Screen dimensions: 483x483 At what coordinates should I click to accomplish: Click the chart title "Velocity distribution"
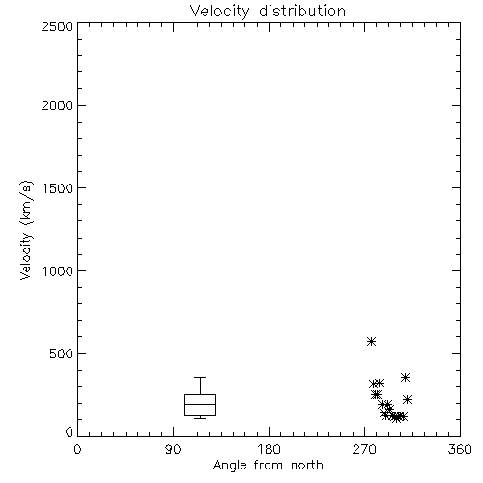268,12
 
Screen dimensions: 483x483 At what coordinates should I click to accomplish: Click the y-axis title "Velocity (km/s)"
26,231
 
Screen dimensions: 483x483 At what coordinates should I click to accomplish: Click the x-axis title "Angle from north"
268,466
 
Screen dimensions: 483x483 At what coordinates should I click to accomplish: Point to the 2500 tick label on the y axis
57,26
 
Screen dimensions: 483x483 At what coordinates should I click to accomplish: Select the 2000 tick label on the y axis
57,105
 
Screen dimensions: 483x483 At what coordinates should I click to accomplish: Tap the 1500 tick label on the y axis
58,188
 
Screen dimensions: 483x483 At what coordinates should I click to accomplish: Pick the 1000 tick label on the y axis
58,270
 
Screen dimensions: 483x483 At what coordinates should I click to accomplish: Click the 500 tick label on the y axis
62,354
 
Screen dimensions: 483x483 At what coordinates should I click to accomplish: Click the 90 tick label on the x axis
173,449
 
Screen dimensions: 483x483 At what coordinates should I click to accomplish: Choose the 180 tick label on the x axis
269,449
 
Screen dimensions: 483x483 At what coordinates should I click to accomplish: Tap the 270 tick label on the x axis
364,449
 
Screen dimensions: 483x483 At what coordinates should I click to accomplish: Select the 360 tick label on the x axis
460,449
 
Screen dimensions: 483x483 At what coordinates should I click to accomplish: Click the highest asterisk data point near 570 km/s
372,341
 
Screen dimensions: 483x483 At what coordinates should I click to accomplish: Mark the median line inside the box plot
200,404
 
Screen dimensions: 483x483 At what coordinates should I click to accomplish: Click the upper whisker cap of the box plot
200,377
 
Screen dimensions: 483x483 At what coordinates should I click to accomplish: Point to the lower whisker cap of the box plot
200,418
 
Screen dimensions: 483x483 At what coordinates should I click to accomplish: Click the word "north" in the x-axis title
307,466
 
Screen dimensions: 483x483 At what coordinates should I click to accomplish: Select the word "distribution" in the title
302,12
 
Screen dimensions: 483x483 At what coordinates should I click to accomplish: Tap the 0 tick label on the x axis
77,449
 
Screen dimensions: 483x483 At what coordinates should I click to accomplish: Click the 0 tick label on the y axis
70,432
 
